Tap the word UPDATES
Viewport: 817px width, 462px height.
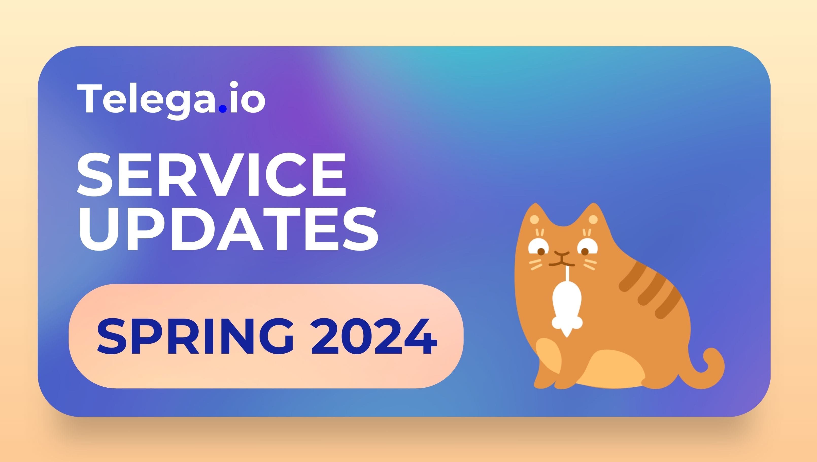[x=228, y=229]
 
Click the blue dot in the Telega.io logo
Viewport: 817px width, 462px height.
[x=223, y=109]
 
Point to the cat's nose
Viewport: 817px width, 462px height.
[x=562, y=254]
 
